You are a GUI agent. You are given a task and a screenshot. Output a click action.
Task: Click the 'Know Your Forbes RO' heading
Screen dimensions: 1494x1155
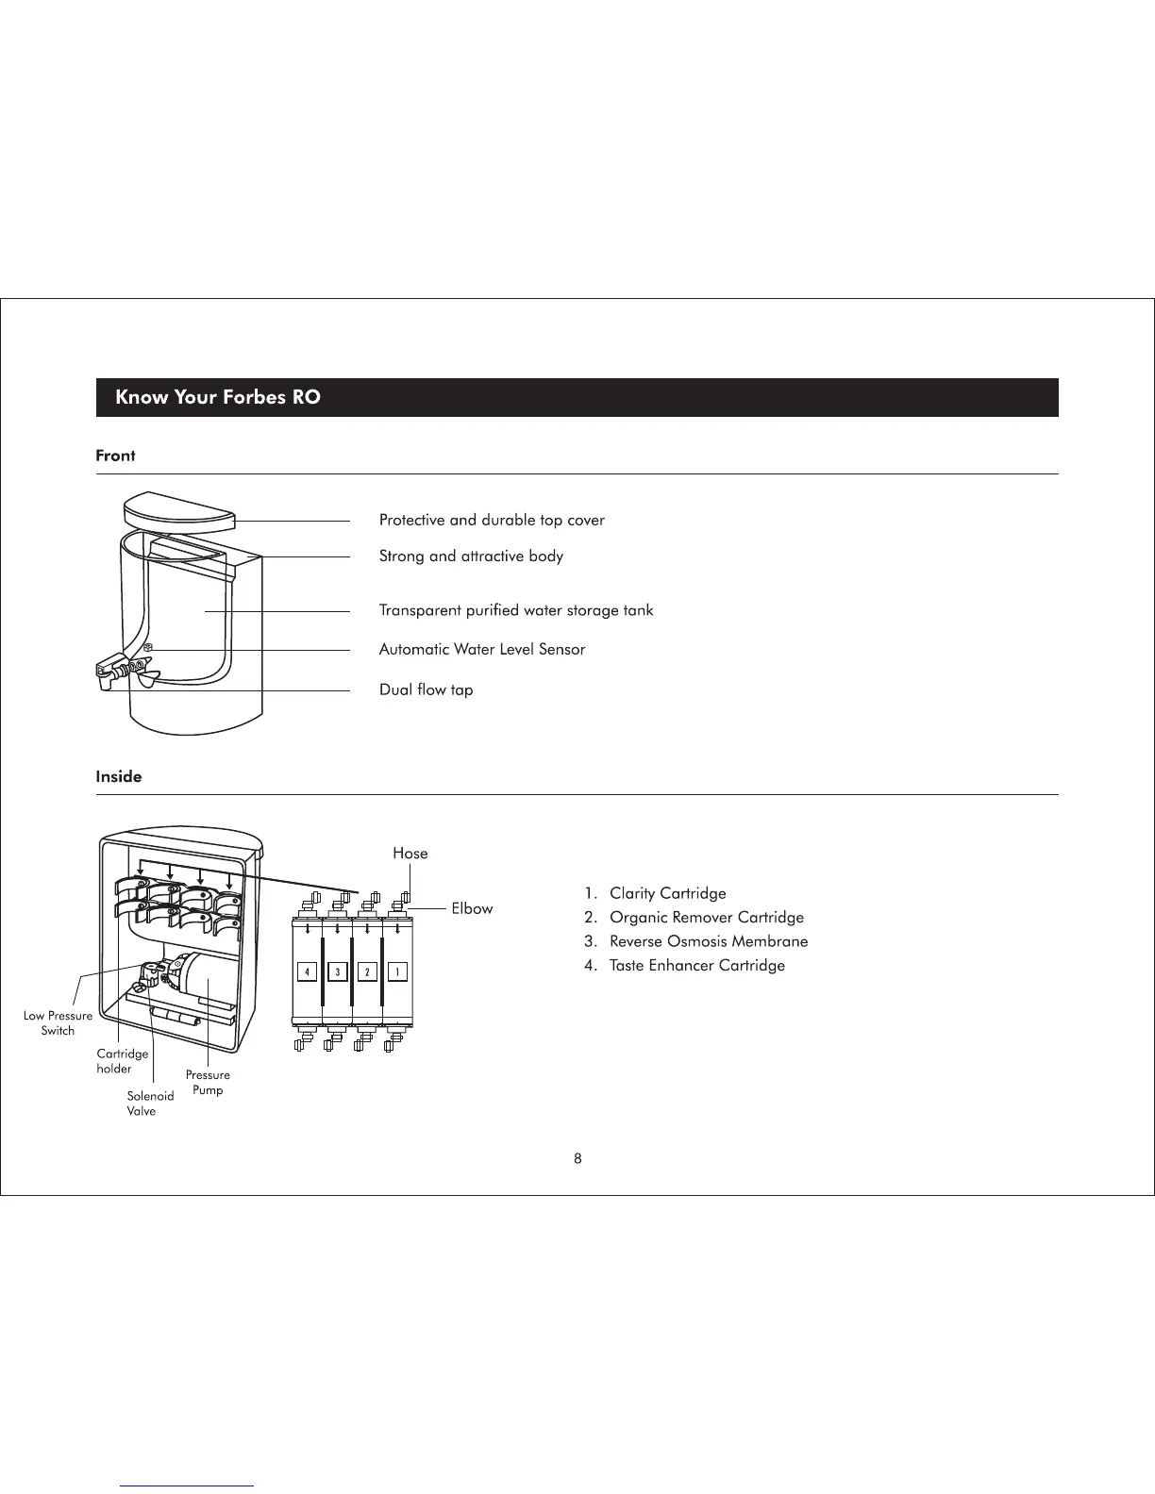click(218, 397)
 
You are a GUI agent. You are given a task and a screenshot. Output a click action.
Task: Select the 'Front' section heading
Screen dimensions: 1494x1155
click(115, 456)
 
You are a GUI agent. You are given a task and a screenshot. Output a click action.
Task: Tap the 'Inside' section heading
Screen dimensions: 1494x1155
click(119, 777)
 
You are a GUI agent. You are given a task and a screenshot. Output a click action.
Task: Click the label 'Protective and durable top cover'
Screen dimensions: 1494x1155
click(492, 521)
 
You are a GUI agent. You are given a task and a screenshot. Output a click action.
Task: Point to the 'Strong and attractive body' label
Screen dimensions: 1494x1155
click(471, 556)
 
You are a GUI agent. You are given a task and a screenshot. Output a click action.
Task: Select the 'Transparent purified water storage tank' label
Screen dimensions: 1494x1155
click(516, 610)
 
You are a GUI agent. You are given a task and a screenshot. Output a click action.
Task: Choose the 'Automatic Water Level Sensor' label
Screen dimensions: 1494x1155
click(482, 650)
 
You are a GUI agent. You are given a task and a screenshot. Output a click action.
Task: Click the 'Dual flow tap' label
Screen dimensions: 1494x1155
click(427, 690)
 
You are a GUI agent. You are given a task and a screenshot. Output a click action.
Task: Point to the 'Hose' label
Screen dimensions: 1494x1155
click(410, 854)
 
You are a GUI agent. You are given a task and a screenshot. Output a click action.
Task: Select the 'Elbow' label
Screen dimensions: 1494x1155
click(472, 909)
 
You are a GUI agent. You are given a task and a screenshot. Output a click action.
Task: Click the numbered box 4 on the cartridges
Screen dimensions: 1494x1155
click(307, 971)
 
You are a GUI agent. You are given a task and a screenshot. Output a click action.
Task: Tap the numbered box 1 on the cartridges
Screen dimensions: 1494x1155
click(397, 971)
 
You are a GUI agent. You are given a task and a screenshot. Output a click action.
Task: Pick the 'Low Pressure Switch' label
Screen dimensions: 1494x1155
click(58, 1023)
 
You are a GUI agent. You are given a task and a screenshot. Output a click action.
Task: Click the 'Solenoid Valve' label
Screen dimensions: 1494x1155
click(150, 1104)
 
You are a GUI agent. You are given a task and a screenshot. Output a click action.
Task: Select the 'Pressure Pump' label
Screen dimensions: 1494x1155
click(208, 1083)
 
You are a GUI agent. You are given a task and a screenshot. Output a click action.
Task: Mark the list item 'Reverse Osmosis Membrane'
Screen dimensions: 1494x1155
click(709, 941)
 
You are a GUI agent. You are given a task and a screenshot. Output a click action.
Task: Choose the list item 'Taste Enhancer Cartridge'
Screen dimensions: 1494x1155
click(696, 966)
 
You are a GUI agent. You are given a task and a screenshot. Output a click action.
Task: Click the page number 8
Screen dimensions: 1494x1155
click(577, 1159)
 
